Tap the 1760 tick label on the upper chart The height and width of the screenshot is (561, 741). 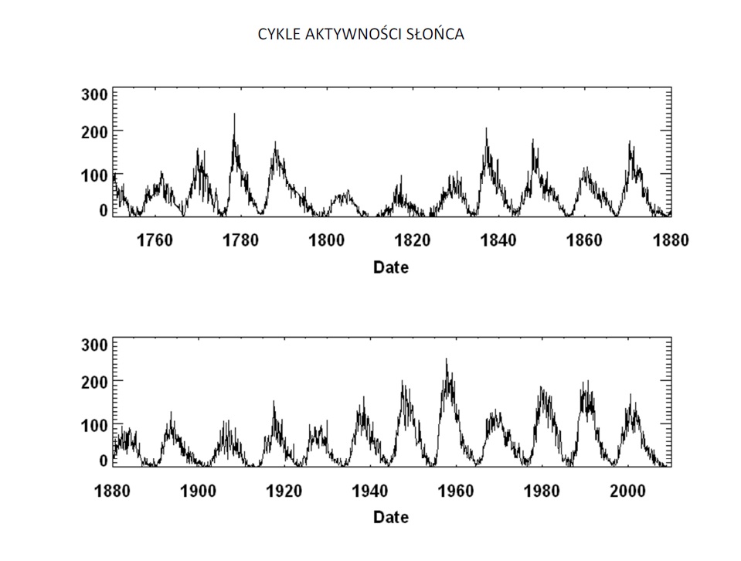click(x=155, y=240)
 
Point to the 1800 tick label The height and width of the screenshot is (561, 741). click(x=326, y=240)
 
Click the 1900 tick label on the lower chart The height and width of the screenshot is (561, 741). click(x=199, y=491)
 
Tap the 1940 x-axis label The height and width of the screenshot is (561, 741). click(x=370, y=491)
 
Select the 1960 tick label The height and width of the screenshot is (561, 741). click(x=456, y=491)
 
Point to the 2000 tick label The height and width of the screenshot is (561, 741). click(x=627, y=491)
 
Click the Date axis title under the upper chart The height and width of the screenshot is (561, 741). click(x=390, y=267)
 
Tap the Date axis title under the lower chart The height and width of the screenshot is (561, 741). click(x=390, y=518)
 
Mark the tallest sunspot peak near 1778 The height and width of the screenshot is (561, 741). click(x=234, y=114)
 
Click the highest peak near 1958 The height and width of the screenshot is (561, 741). click(x=446, y=359)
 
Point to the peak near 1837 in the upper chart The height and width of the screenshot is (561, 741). click(x=486, y=129)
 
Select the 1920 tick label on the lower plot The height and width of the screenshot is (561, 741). click(x=284, y=491)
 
